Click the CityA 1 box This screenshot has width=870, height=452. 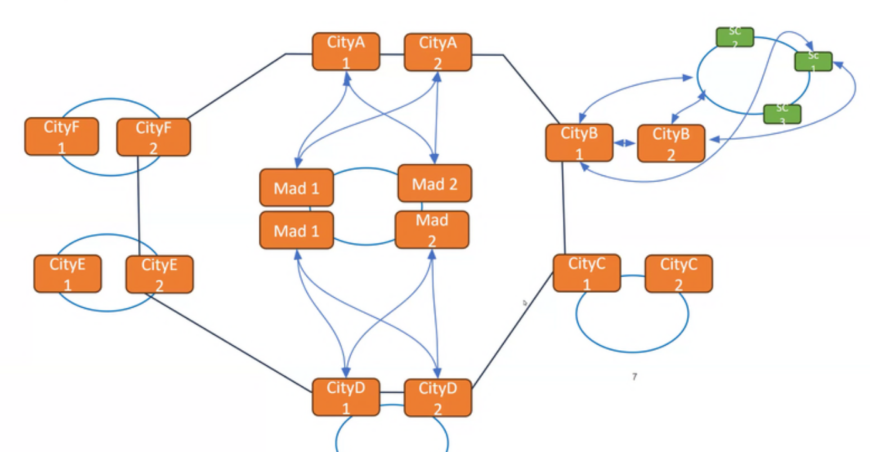coord(346,52)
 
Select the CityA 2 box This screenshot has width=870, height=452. coord(437,52)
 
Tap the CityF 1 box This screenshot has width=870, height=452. coord(61,136)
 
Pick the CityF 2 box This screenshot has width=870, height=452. coord(153,136)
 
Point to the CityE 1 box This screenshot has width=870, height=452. coord(67,273)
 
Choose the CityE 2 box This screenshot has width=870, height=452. coord(159,273)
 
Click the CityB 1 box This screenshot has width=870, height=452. coord(579,142)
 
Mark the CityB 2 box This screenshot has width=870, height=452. coord(671,143)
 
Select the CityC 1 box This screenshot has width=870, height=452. coord(587,273)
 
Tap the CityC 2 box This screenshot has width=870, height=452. coord(678,273)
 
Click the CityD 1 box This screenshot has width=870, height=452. coord(346,397)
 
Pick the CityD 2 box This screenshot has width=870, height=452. coord(437,398)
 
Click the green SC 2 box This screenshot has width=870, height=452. coord(734,37)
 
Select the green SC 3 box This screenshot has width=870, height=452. coord(782,114)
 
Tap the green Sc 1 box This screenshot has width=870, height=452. coord(813,61)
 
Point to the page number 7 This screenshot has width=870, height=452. coord(634,376)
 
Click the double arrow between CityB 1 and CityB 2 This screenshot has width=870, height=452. coord(624,143)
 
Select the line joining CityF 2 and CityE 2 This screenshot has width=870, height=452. coord(138,206)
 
